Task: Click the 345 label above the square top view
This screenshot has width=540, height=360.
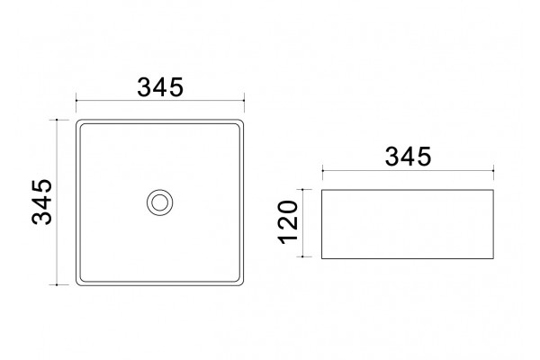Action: click(x=160, y=87)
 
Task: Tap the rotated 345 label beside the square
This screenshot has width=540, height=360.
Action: click(x=42, y=202)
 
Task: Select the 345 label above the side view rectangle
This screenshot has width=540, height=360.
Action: click(x=408, y=157)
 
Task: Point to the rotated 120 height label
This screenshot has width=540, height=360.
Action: click(x=288, y=222)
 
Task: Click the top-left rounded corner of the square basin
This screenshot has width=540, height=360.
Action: click(x=78, y=121)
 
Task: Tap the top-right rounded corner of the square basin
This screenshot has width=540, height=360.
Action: click(x=242, y=121)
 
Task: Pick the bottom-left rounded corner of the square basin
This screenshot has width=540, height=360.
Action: click(x=78, y=283)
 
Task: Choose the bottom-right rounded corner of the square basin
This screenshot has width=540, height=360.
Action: click(x=242, y=283)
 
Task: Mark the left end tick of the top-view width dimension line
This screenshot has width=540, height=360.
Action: click(x=76, y=100)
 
